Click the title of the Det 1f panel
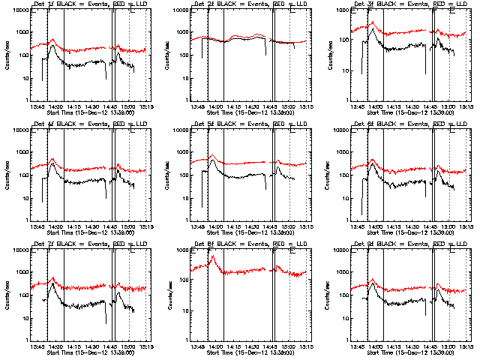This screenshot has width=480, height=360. [92, 4]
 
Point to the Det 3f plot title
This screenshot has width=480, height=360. [412, 4]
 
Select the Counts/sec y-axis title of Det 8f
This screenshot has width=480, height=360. [169, 295]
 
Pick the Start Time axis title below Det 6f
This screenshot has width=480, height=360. [412, 232]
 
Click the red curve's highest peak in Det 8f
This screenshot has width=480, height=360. [211, 256]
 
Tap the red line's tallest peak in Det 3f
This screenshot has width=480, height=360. [373, 22]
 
